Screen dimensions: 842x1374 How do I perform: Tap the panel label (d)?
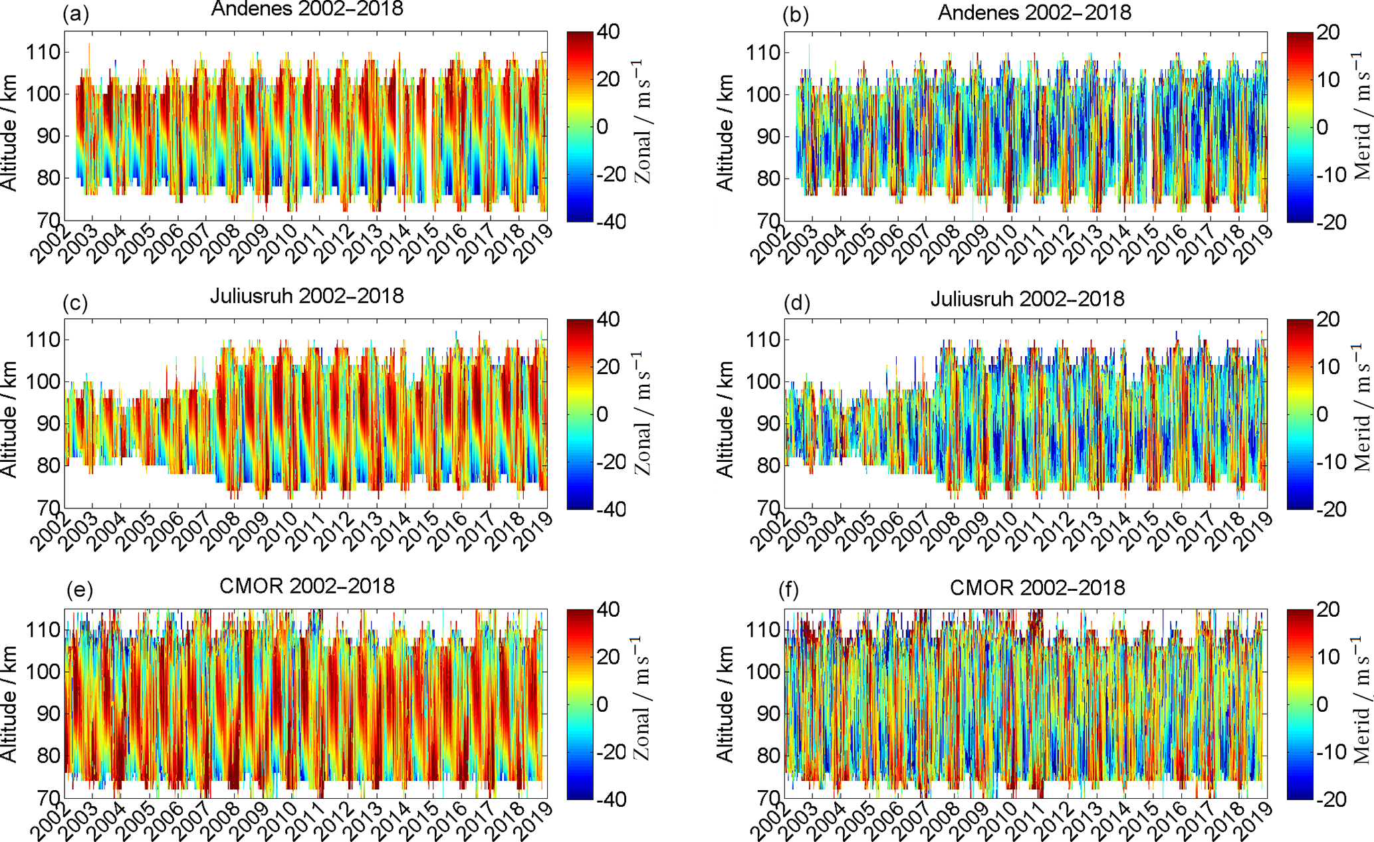pyautogui.click(x=797, y=303)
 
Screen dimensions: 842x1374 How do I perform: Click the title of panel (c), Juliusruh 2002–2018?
pyautogui.click(x=306, y=296)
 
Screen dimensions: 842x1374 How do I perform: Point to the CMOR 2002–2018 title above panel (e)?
pyautogui.click(x=306, y=586)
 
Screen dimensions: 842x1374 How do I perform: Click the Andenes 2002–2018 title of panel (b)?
pyautogui.click(x=1034, y=12)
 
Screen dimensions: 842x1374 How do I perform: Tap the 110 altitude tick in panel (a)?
pyautogui.click(x=43, y=52)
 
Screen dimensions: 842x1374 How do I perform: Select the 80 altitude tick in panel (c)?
pyautogui.click(x=48, y=466)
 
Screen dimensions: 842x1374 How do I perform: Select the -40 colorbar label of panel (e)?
pyautogui.click(x=609, y=799)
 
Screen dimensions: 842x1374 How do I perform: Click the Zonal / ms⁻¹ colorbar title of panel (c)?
pyautogui.click(x=642, y=413)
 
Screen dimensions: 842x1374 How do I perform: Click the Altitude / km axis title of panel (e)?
pyautogui.click(x=9, y=704)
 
